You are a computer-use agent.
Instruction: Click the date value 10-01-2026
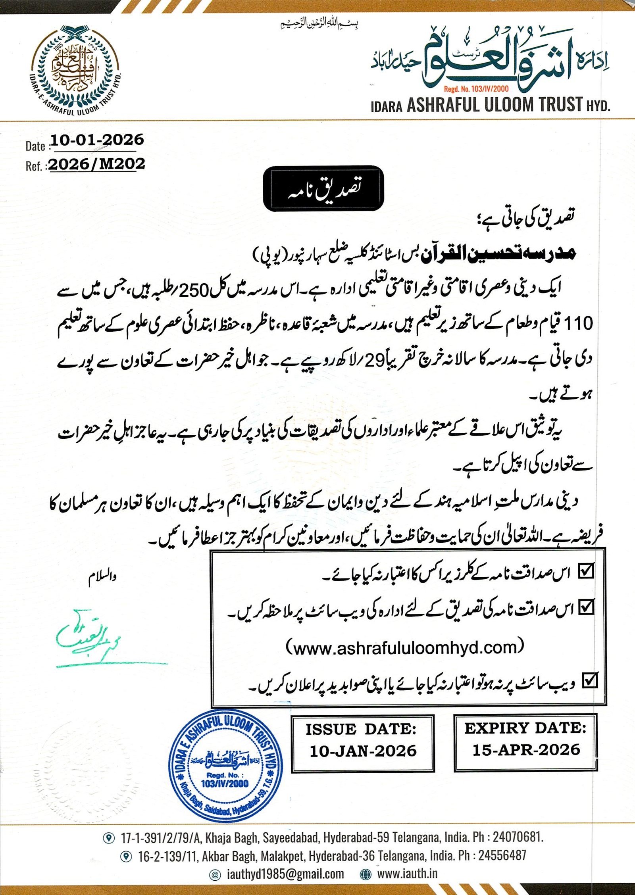tap(97, 140)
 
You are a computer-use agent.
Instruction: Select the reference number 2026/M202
tap(97, 164)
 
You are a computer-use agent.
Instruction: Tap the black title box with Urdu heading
tap(323, 189)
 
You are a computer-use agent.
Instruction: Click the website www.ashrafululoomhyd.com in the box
tap(404, 648)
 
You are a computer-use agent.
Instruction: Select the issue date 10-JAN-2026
tap(363, 751)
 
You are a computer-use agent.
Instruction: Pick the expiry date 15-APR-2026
tap(526, 750)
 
